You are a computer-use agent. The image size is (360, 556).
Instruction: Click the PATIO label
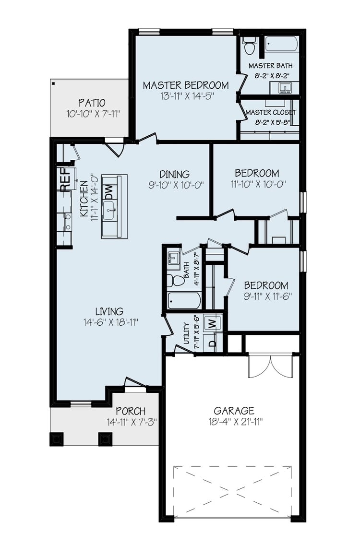point(92,103)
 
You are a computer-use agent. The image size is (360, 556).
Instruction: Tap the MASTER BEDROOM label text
point(186,85)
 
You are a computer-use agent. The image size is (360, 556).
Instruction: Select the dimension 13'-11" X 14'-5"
point(186,96)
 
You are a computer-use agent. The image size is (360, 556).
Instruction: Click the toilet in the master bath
point(249,46)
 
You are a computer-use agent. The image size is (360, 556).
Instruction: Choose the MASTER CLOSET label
point(271,112)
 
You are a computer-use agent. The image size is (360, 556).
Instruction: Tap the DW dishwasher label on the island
point(108,192)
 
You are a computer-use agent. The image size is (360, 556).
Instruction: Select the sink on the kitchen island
point(108,210)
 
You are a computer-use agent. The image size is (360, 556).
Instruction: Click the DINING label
point(175,174)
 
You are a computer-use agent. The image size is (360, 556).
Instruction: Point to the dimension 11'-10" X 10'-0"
point(257,184)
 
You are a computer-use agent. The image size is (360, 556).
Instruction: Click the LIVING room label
point(109,311)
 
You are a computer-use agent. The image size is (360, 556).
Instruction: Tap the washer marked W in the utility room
point(213,323)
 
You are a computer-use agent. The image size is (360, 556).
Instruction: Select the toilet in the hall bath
point(177,281)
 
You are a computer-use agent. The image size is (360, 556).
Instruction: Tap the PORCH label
point(131,412)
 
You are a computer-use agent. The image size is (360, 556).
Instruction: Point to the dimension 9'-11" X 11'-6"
point(266,296)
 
